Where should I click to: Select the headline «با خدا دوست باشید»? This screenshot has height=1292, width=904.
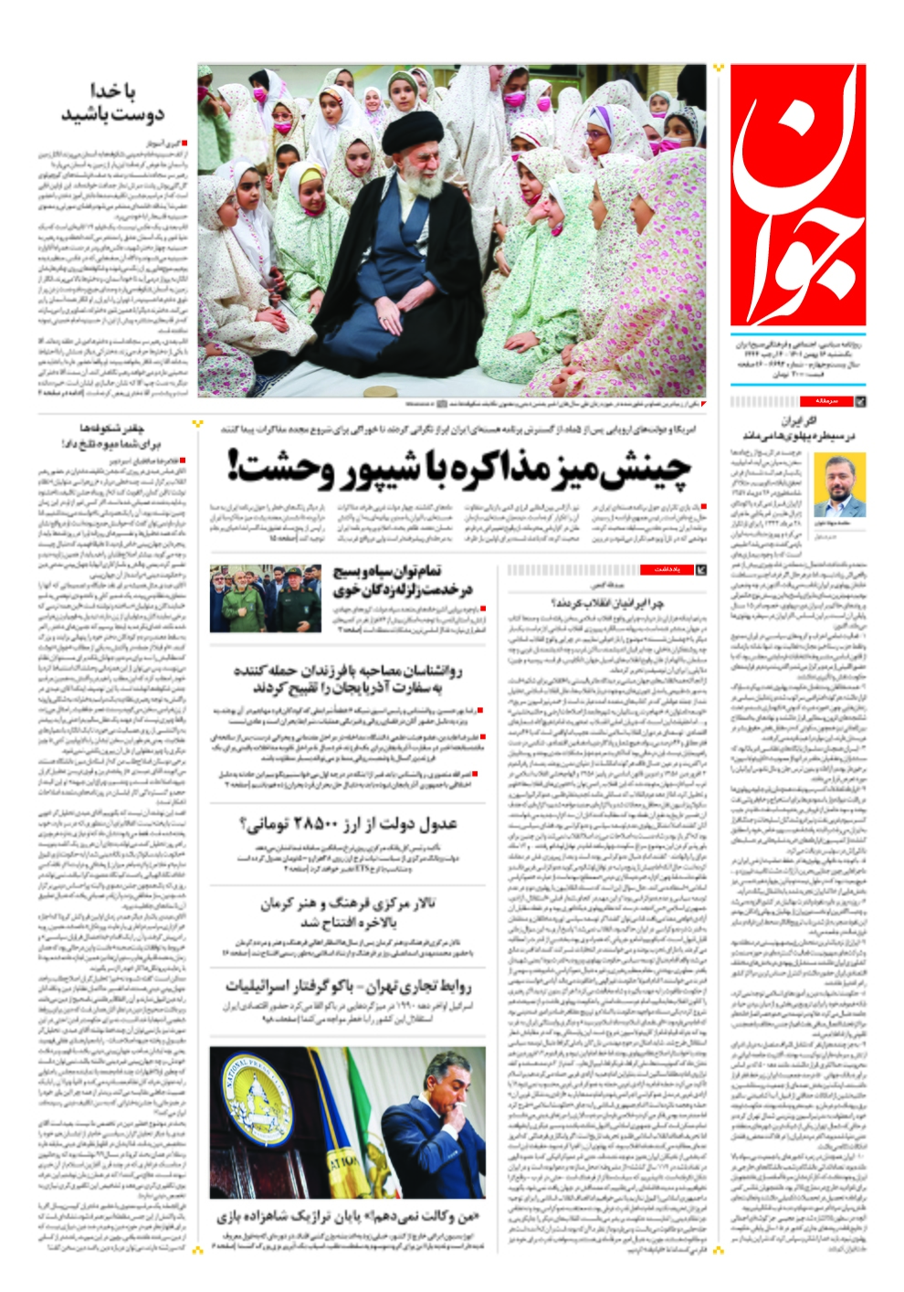[x=113, y=103]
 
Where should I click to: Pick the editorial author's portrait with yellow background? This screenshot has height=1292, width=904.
[x=839, y=485]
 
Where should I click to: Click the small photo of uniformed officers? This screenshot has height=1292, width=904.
[x=265, y=598]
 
